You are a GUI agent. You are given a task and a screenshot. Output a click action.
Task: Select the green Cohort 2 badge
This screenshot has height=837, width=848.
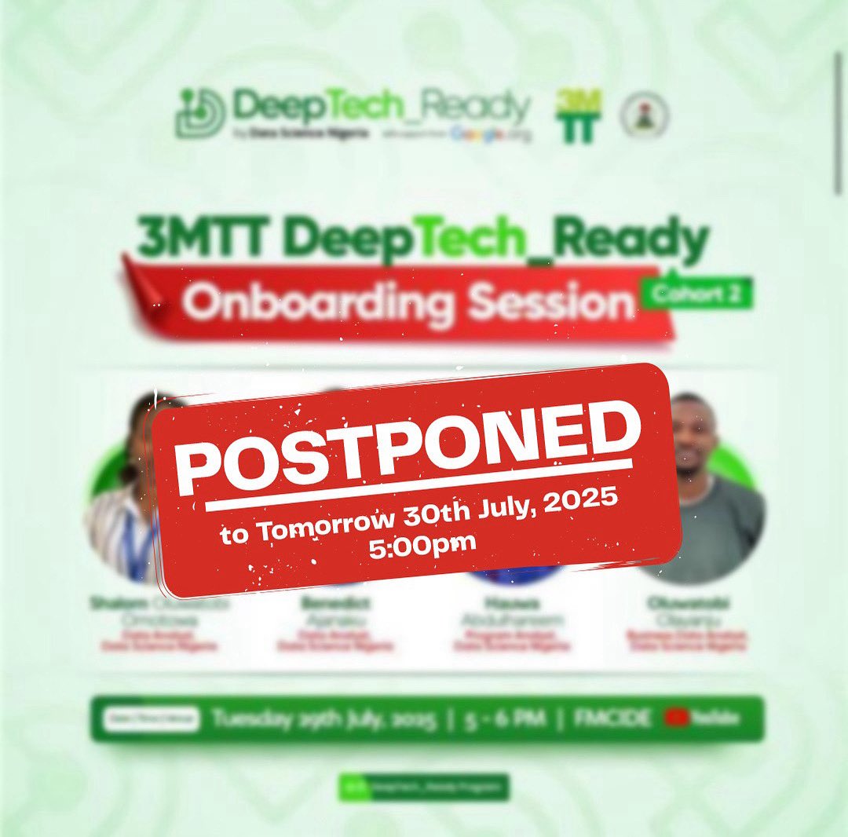[x=696, y=293]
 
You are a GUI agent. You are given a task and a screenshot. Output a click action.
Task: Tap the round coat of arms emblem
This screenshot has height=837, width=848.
[x=644, y=116]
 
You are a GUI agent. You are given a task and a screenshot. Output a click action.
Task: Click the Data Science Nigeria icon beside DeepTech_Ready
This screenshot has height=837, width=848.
[x=199, y=113]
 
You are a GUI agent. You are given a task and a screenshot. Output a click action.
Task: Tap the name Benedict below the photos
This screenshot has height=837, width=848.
[x=335, y=603]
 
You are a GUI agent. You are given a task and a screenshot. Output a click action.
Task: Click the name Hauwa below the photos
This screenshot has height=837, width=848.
[x=511, y=603]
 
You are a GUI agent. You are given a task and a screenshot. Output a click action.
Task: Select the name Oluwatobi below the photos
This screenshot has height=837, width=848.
[x=687, y=603]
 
